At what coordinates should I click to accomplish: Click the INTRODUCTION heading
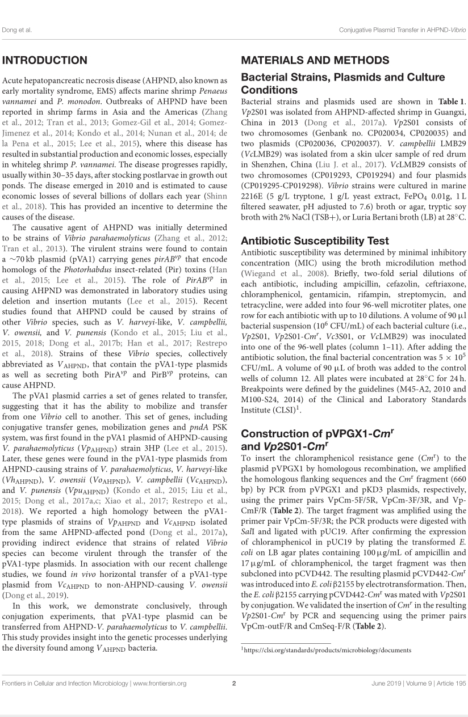45,61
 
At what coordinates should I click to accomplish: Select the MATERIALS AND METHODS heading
315,61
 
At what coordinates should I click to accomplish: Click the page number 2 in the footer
234,699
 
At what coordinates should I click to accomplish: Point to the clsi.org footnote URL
327,650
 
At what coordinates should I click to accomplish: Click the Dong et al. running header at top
17,29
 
